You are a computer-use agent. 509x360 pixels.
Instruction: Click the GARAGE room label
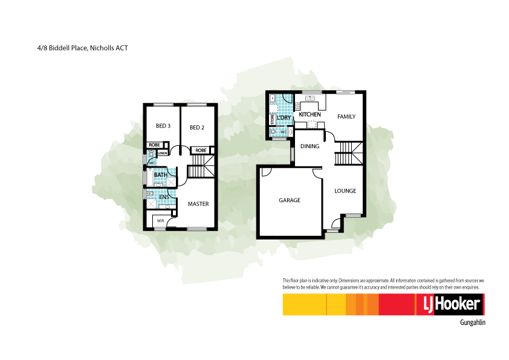click(290, 200)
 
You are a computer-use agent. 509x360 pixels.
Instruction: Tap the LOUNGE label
click(345, 191)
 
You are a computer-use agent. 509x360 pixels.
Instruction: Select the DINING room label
click(310, 146)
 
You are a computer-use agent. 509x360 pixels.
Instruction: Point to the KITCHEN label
click(310, 114)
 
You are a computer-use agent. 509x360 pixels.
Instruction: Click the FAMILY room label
click(346, 117)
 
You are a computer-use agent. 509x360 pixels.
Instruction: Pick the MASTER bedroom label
click(198, 204)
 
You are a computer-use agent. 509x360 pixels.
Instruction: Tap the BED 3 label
click(163, 126)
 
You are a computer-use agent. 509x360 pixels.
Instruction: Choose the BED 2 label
click(197, 128)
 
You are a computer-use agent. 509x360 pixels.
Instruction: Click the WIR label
click(160, 221)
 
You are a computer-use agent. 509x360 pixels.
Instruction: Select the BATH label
click(160, 175)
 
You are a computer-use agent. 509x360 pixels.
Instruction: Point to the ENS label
click(164, 197)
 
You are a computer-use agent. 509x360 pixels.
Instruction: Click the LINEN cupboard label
click(162, 153)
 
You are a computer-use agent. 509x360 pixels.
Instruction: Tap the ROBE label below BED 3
click(155, 145)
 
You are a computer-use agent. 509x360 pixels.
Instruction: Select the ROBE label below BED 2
click(201, 150)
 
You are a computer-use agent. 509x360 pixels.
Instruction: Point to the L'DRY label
click(284, 117)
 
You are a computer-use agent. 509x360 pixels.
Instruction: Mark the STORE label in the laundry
click(273, 120)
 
